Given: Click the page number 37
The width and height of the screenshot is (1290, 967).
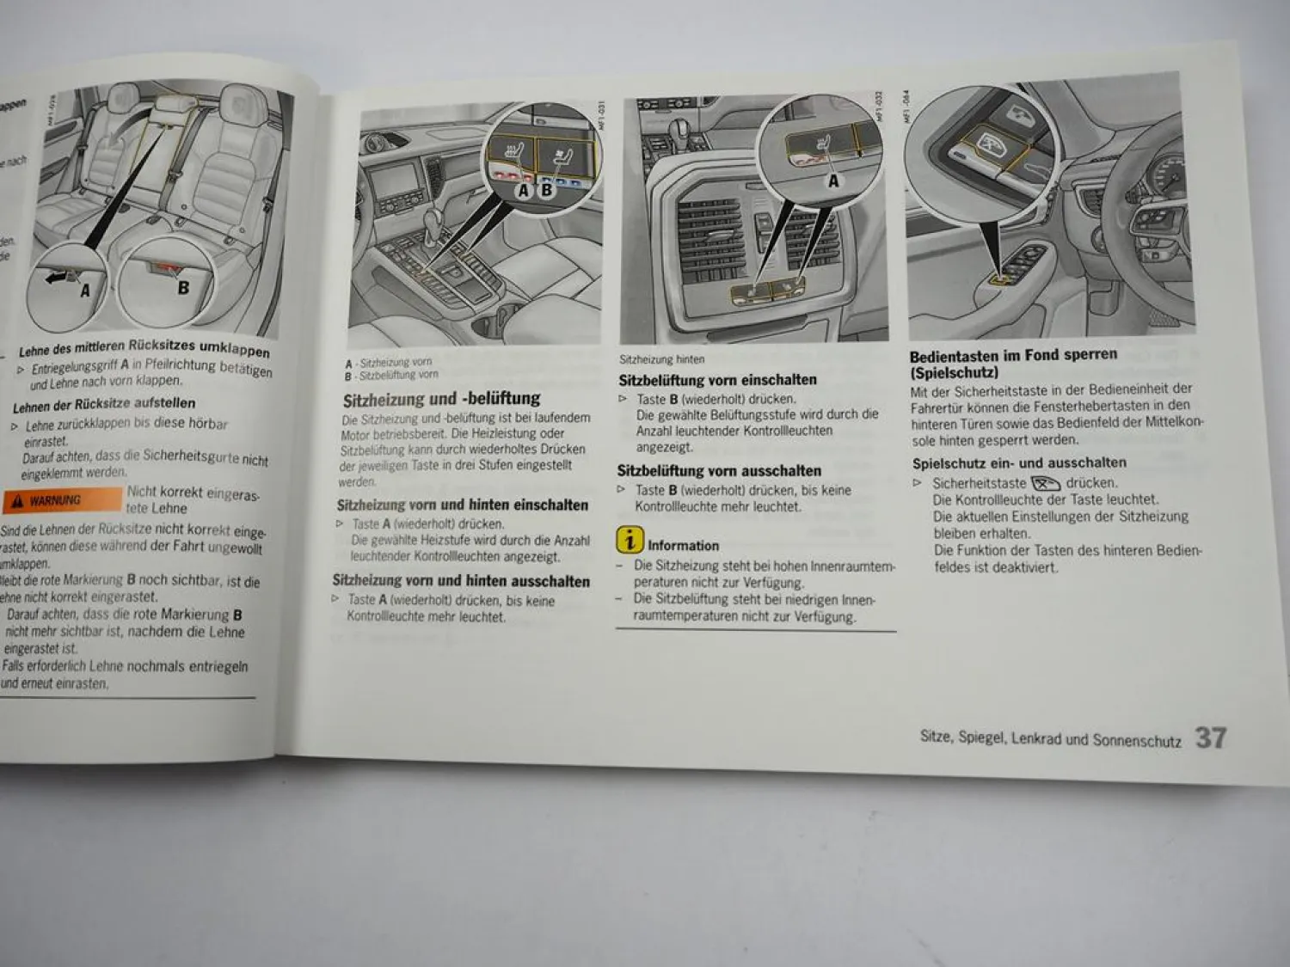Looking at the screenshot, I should [1210, 737].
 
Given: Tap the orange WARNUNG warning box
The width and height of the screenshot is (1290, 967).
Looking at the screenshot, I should [62, 500].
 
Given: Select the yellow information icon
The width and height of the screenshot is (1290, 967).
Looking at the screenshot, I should [630, 540].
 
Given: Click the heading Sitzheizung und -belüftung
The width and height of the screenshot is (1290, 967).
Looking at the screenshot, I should [441, 399].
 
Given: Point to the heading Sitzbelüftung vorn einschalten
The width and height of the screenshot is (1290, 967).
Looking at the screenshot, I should [717, 380].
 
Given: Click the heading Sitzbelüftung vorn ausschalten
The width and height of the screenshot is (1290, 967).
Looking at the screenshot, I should [719, 471].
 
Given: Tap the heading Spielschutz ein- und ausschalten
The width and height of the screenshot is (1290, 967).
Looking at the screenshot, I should [1019, 462].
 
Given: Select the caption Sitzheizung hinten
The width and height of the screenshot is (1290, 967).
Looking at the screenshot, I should [661, 359].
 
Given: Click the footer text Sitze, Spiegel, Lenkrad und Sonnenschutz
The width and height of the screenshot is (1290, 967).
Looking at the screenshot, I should [1050, 738].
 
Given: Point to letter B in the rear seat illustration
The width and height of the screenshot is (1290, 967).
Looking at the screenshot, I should [182, 287].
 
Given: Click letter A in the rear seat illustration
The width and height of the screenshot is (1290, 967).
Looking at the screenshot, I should [84, 291].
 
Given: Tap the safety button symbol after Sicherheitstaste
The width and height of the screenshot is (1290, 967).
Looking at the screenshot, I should [1046, 483].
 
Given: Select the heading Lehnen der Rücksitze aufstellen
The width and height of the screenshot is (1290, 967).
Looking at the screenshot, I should [104, 404].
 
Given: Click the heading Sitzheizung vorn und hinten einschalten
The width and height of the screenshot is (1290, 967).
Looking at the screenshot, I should [463, 505].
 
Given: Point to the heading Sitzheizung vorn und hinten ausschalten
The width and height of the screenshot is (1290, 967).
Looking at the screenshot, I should [461, 581].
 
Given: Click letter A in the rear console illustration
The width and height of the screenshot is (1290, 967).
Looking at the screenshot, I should [832, 181].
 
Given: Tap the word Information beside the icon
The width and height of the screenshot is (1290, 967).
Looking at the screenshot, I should [683, 545].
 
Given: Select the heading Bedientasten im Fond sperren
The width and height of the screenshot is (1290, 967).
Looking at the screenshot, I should [1013, 354].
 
